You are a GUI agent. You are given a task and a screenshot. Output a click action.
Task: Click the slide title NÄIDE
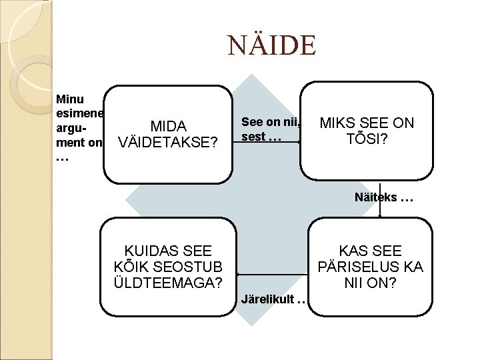point(270,46)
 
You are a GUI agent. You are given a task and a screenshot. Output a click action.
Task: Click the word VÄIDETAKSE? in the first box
point(168,143)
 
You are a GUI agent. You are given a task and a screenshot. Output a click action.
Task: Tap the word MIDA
point(168,126)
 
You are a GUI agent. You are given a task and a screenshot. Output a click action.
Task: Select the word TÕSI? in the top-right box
point(367,139)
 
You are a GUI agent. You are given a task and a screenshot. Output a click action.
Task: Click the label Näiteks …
point(394,198)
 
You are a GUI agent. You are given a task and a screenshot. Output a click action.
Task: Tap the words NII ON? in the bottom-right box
point(370,283)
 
